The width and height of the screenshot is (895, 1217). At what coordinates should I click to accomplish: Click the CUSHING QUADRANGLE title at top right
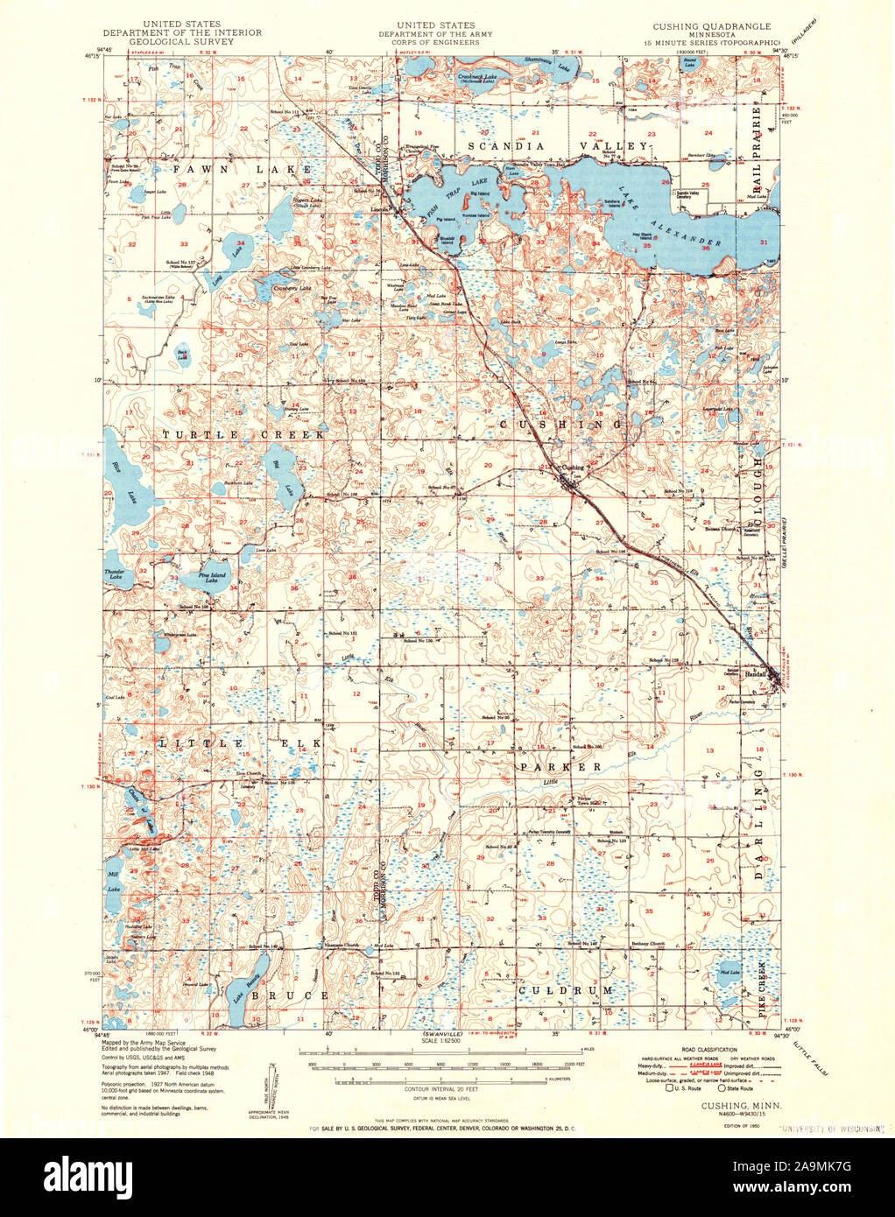click(x=711, y=26)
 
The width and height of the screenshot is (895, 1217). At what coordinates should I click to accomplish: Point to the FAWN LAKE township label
click(x=242, y=169)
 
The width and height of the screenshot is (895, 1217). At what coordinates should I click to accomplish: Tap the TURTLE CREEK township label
click(x=242, y=434)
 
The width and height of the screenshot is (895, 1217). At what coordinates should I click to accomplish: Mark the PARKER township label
click(x=560, y=766)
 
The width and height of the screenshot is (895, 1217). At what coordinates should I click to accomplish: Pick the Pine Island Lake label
click(x=212, y=577)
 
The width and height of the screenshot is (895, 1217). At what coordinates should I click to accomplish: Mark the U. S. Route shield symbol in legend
click(x=670, y=1088)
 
